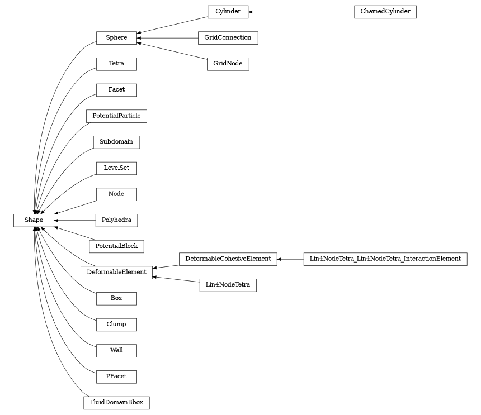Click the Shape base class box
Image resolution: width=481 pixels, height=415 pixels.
34,220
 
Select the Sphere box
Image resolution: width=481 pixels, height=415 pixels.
116,38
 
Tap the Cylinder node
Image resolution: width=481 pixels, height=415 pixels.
228,12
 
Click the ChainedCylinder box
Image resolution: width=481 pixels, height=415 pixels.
385,12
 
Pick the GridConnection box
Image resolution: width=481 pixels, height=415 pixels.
228,38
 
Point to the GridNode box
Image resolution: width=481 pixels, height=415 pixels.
228,64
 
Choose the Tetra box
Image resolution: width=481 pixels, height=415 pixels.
116,64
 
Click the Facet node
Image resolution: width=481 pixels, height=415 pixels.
116,90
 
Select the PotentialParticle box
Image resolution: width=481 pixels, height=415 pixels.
116,116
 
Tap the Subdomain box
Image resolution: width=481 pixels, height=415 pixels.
116,142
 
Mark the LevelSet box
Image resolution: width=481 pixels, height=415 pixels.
116,168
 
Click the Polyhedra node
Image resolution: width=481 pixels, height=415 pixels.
116,220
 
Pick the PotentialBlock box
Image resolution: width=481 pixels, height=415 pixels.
116,246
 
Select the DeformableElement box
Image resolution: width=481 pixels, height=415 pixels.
116,272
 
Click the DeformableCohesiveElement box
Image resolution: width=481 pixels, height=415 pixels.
228,259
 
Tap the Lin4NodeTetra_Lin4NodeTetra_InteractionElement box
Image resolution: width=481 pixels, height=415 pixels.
385,259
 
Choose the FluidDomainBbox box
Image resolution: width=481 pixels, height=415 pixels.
116,402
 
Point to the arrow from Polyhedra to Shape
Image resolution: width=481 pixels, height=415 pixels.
75,220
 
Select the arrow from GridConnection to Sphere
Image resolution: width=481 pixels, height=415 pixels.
167,38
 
